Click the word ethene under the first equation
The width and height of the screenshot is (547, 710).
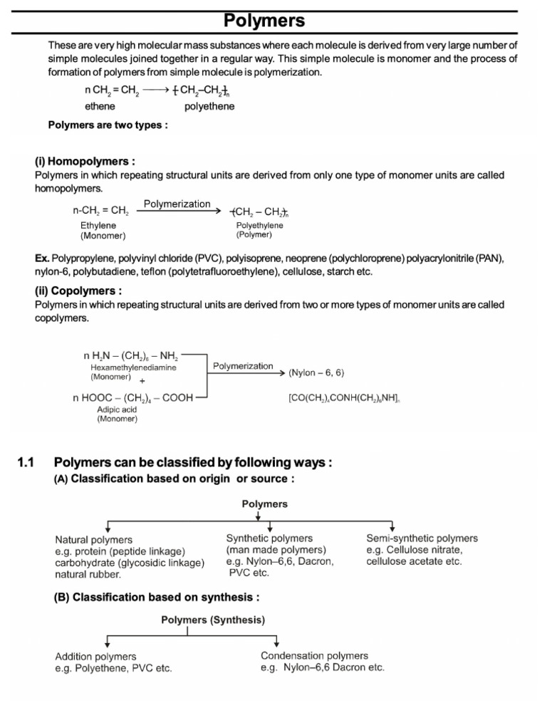[100, 106]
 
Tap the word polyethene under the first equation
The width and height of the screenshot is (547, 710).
[209, 106]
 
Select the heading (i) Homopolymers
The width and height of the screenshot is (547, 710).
[85, 162]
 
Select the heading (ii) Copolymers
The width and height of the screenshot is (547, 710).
[78, 291]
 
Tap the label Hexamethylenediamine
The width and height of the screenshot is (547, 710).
[134, 367]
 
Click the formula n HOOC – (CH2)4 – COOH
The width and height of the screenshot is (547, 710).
[132, 398]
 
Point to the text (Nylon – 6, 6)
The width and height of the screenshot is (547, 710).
[321, 372]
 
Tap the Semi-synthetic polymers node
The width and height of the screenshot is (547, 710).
[422, 538]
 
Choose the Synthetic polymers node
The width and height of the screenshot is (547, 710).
[269, 538]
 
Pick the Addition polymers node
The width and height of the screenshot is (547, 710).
[96, 656]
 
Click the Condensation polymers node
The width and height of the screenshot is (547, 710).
[315, 655]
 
